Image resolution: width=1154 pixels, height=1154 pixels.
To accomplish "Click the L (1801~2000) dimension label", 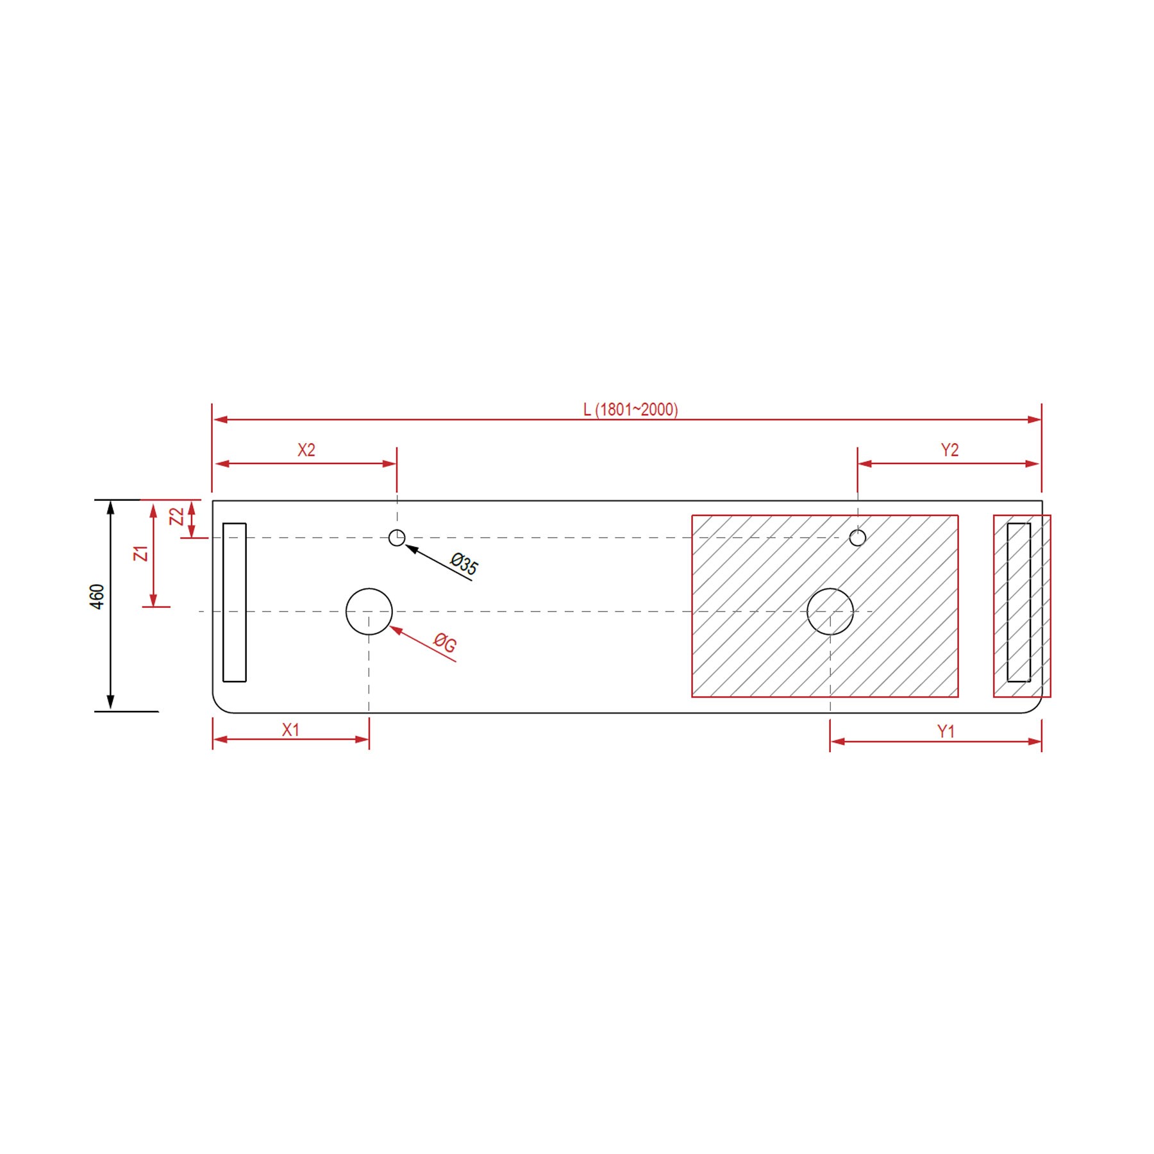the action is [630, 409].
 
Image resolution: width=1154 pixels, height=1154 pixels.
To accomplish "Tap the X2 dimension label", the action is [306, 450].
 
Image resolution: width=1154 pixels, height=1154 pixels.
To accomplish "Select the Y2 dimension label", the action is [949, 450].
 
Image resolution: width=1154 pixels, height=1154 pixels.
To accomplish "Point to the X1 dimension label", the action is [291, 730].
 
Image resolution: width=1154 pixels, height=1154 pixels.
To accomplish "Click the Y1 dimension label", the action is [946, 732].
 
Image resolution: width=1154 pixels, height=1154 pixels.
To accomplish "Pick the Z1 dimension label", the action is [141, 553].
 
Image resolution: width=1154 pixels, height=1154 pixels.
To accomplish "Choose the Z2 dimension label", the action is [176, 517].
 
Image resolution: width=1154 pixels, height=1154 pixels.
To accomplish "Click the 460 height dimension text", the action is [97, 596].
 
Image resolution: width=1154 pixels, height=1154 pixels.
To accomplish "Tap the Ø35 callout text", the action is [464, 564].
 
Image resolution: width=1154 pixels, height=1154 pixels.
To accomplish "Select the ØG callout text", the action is [444, 642].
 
